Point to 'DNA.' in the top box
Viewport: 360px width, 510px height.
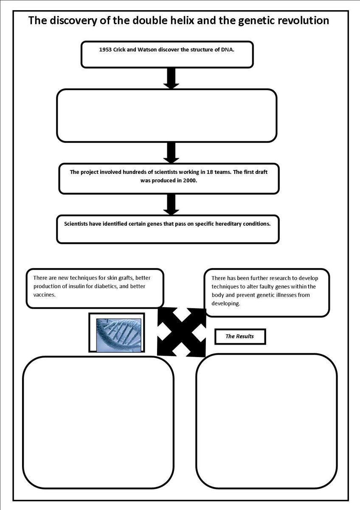pyautogui.click(x=228, y=50)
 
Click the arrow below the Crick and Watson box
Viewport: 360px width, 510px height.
pyautogui.click(x=171, y=78)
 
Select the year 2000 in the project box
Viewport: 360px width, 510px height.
pyautogui.click(x=190, y=181)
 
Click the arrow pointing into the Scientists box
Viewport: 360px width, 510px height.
pyautogui.click(x=171, y=204)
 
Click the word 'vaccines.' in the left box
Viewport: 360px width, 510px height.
pyautogui.click(x=44, y=295)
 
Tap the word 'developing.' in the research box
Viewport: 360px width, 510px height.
pyautogui.click(x=226, y=303)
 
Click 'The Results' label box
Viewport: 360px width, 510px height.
pyautogui.click(x=240, y=336)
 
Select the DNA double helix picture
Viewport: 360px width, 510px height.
pyautogui.click(x=118, y=335)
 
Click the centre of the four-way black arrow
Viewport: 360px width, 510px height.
pyautogui.click(x=181, y=332)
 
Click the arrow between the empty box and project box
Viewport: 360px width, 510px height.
pyautogui.click(x=171, y=153)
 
